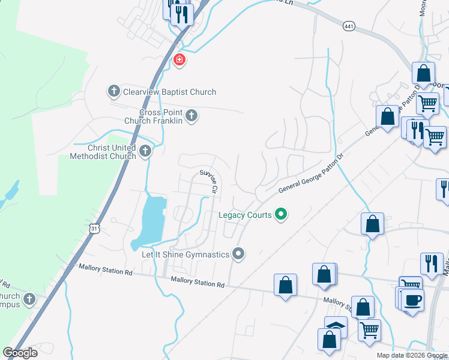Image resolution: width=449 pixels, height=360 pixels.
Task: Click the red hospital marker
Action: point(178,60)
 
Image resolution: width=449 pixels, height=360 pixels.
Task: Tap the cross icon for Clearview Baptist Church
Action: point(113,92)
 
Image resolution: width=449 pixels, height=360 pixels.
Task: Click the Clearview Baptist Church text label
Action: point(169,92)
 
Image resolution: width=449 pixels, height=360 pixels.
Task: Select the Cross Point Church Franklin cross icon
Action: point(191,115)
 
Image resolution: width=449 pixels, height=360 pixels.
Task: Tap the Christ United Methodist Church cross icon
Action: point(145,152)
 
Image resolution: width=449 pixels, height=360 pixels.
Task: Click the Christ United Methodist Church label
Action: point(103,152)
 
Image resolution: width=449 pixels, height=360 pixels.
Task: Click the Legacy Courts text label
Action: point(246,214)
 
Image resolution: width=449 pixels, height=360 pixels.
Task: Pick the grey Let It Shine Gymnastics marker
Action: point(238,254)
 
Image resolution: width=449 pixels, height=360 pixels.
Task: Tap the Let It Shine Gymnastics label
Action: point(185,255)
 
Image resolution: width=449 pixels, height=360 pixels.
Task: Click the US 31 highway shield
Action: point(94,229)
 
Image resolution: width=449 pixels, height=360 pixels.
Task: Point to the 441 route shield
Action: point(349,26)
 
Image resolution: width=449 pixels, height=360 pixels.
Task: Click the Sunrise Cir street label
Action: point(208,181)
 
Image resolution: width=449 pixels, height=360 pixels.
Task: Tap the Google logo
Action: point(20,353)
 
